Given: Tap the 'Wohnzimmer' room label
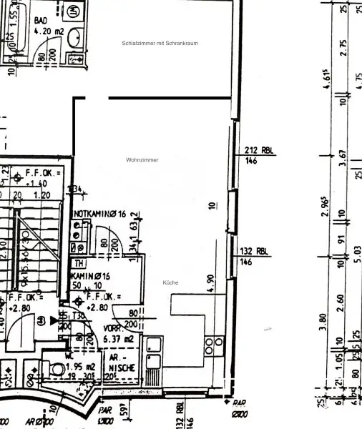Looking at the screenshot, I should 142,159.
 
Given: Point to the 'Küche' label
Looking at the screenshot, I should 170,282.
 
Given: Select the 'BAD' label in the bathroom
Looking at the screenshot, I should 41,21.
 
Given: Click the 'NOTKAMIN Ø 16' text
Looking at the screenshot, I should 100,214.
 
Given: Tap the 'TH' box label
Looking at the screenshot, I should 78,263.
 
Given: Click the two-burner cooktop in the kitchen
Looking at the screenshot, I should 210,347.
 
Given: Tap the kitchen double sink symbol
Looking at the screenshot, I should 153,359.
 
